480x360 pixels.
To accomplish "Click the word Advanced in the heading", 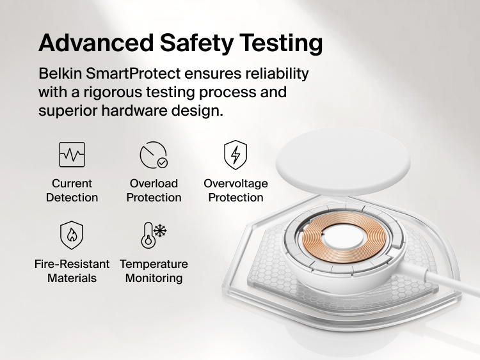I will (x=95, y=43).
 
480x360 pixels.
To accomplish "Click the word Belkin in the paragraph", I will (x=60, y=74).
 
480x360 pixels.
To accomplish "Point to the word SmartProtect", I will (x=130, y=74).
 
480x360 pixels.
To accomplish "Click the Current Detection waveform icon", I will (x=72, y=155).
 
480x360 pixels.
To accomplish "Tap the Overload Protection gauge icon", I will (x=154, y=155).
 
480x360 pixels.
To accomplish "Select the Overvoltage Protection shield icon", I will (x=236, y=155).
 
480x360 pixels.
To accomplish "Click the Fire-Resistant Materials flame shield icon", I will (x=72, y=235).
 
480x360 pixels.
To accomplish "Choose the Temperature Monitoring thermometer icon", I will (x=154, y=235).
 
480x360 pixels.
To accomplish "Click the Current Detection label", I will (x=72, y=191).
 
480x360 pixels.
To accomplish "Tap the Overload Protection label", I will (x=154, y=191).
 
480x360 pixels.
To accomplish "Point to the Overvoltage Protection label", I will (x=236, y=191).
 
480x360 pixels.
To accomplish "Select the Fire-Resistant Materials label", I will (x=72, y=271).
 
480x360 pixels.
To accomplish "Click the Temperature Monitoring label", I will (x=154, y=271).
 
